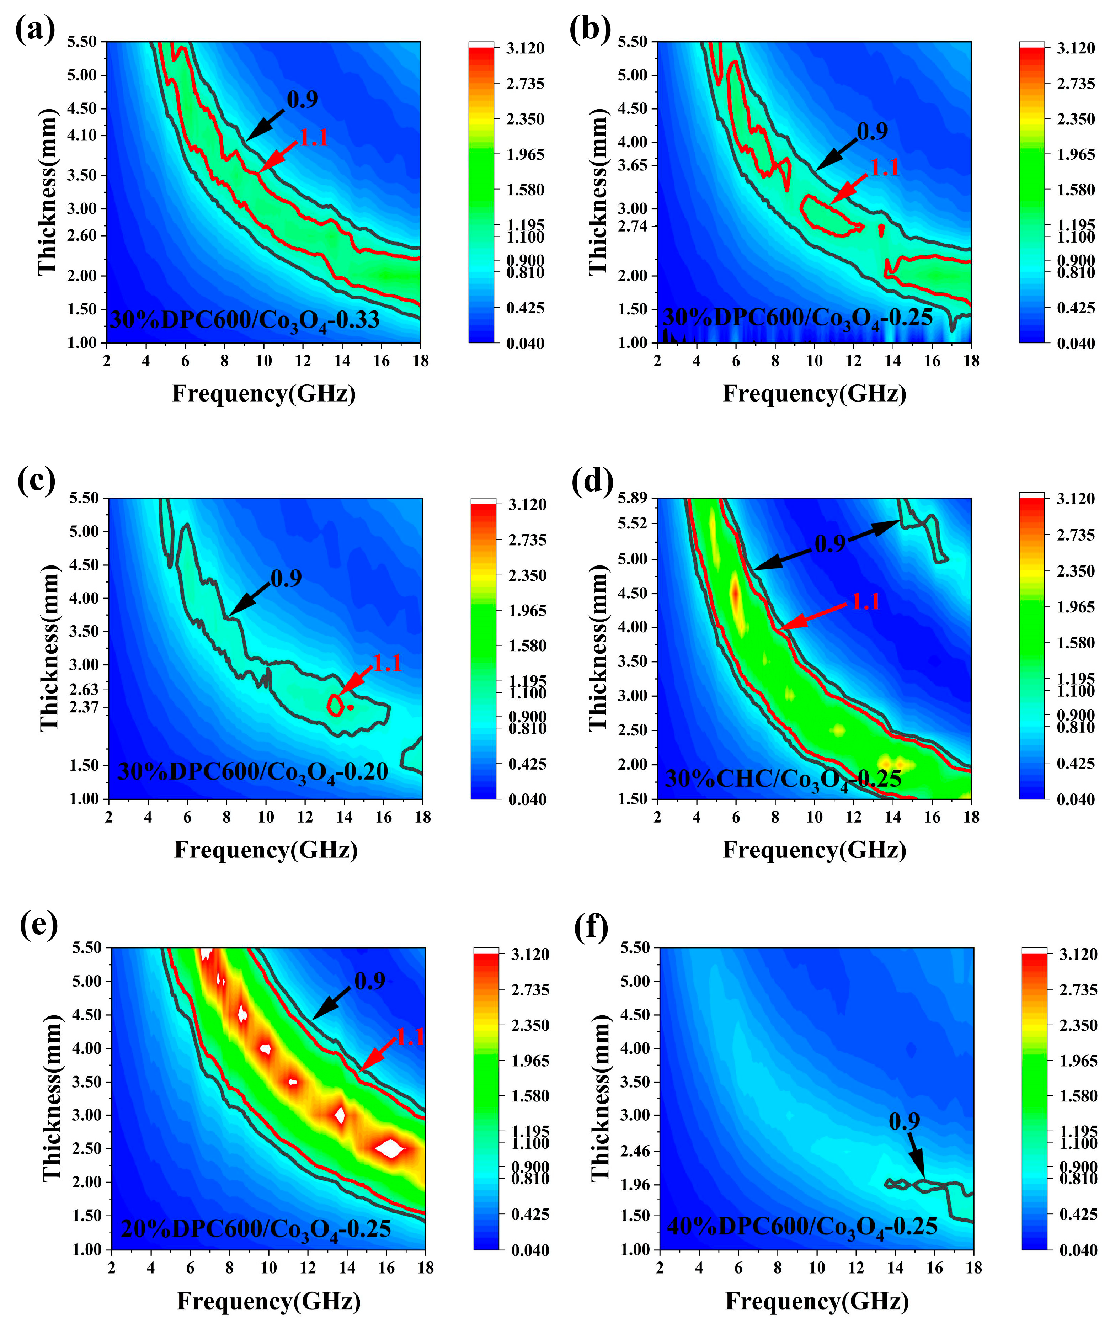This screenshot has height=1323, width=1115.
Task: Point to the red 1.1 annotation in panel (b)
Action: pos(884,168)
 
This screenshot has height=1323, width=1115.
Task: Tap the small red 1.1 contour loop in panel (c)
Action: pos(335,705)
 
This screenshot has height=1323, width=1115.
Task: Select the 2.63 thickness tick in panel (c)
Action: pos(84,689)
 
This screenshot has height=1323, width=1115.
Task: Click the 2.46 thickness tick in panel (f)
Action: pos(635,1151)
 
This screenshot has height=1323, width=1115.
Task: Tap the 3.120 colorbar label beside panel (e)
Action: pos(530,954)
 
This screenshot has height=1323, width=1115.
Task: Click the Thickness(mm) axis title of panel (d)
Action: pos(598,648)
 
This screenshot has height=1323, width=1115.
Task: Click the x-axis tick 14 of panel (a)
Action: pos(342,361)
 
